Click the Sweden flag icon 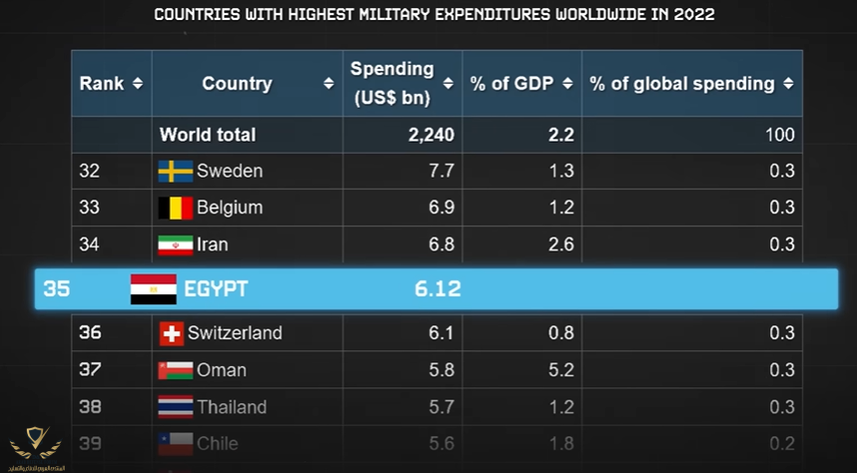point(175,171)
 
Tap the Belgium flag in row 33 point(175,208)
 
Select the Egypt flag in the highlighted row point(154,289)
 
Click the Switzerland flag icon point(171,333)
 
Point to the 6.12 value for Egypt point(438,289)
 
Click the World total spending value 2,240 point(431,135)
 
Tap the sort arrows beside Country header point(328,84)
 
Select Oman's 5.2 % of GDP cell point(561,370)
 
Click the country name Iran point(213,244)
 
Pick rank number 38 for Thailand point(90,407)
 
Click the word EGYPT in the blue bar point(215,289)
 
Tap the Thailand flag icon point(175,407)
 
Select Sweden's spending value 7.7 point(441,171)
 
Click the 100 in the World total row point(780,135)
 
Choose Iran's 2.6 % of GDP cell point(561,244)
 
